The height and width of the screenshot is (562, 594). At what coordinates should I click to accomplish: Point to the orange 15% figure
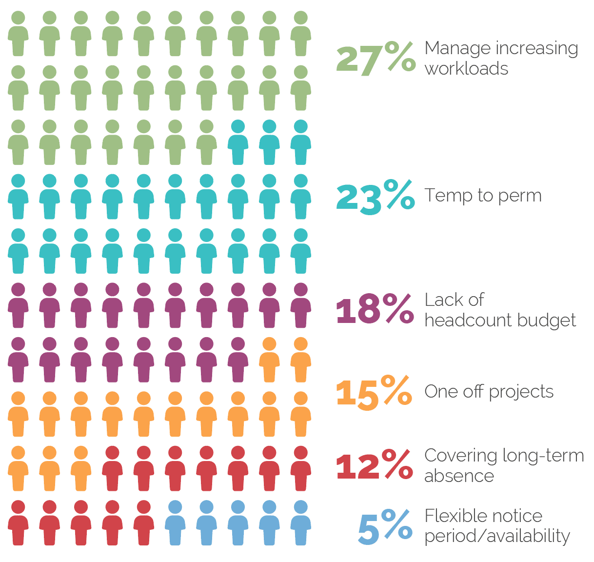click(374, 392)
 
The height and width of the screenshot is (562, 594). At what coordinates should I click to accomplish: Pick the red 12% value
click(374, 465)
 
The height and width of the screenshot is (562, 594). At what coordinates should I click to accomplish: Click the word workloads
click(466, 69)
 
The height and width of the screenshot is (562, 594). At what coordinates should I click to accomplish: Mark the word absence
click(459, 476)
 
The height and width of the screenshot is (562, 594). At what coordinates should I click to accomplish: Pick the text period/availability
click(497, 536)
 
